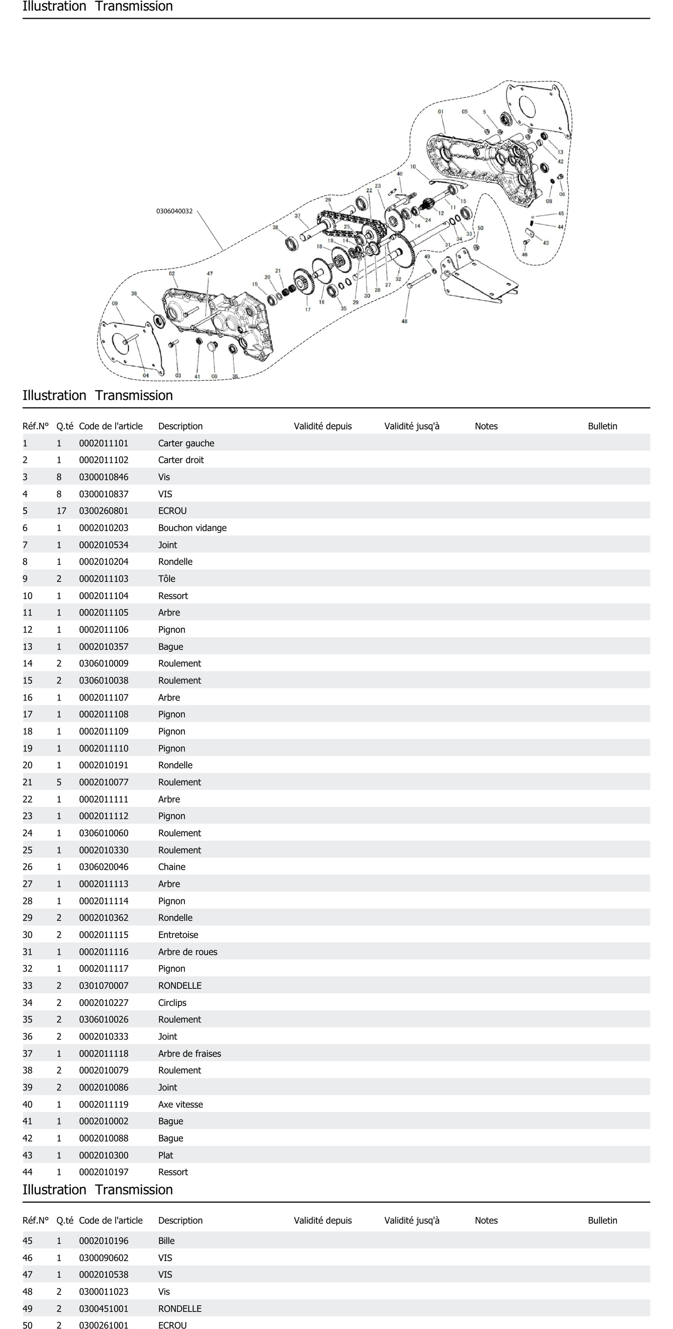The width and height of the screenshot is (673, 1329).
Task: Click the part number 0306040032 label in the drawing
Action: [174, 211]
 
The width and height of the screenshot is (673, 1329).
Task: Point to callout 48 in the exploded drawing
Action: [404, 321]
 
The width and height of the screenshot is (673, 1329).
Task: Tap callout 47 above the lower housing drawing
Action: [209, 273]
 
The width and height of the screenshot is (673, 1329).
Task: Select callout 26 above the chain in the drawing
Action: [328, 200]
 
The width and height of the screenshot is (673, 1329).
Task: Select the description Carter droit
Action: [181, 460]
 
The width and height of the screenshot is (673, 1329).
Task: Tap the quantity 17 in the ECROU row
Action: [61, 511]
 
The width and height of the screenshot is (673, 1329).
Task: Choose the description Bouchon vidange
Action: [192, 528]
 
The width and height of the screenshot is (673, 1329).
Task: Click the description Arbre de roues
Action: [187, 952]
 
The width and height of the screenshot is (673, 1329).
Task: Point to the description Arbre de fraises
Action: [189, 1054]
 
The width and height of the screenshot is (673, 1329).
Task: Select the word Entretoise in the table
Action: [178, 935]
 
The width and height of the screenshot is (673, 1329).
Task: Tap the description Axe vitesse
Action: [180, 1104]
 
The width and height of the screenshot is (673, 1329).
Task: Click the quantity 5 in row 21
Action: [59, 782]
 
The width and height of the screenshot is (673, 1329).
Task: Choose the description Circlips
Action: [172, 1002]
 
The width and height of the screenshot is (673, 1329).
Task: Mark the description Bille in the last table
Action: [166, 1241]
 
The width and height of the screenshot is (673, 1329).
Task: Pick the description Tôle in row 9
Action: [167, 578]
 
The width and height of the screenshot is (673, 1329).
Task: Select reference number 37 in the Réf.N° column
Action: [27, 1054]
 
